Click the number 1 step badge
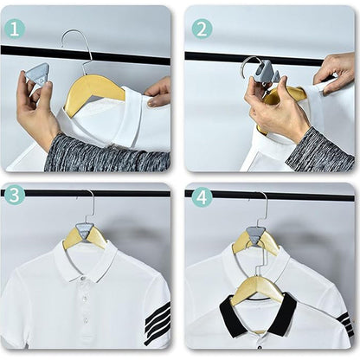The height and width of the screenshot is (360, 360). (x=15, y=28)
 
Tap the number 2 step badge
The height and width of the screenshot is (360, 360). (x=202, y=28)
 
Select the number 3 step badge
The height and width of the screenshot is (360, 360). (x=15, y=196)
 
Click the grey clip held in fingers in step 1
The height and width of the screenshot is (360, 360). (x=37, y=75)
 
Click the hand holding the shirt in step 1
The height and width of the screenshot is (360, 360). (x=159, y=92)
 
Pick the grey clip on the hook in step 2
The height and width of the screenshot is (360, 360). (x=265, y=73)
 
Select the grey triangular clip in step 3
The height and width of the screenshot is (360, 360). (x=85, y=231)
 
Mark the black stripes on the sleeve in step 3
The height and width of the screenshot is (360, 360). (x=157, y=323)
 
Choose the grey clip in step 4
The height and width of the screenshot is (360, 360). (x=256, y=235)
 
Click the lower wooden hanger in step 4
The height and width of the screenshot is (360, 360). (x=257, y=288)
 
